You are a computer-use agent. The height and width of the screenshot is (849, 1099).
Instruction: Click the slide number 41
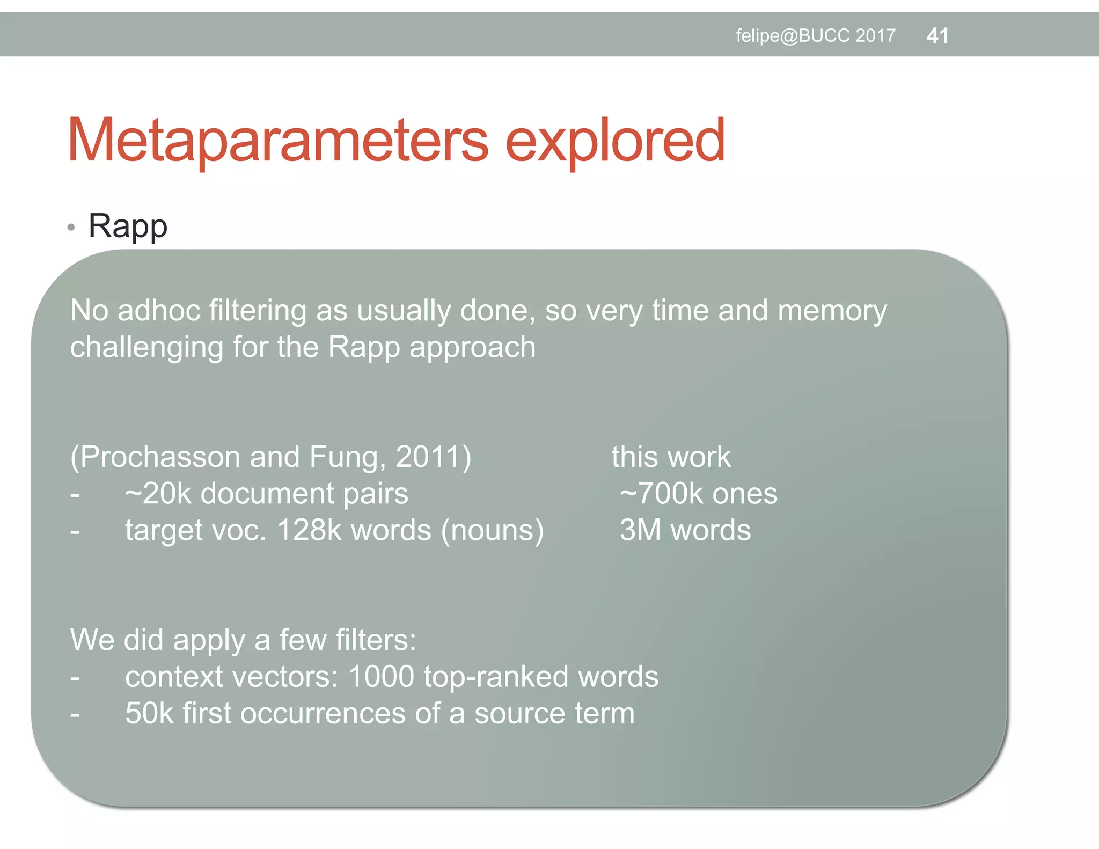pos(937,36)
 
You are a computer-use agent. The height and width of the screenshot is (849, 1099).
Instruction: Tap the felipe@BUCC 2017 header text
pos(815,36)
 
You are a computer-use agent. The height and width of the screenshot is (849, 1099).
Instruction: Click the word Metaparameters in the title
pos(277,140)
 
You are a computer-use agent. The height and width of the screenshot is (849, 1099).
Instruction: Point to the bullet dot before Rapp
pos(71,228)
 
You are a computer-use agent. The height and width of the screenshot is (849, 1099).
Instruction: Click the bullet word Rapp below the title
pos(128,226)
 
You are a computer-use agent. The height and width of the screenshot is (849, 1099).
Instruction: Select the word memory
pos(832,312)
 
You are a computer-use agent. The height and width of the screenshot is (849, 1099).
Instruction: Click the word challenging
pos(146,348)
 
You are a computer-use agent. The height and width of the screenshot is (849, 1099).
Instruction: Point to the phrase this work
pos(671,457)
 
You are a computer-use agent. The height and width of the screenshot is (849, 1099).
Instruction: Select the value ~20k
pos(158,493)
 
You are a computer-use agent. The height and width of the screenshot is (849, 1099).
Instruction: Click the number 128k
pos(309,530)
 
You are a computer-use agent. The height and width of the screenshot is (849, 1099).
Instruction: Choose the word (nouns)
pos(492,530)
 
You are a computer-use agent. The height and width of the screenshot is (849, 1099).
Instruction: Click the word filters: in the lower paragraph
pos(376,640)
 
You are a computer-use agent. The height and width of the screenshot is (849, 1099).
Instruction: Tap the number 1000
pos(381,676)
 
